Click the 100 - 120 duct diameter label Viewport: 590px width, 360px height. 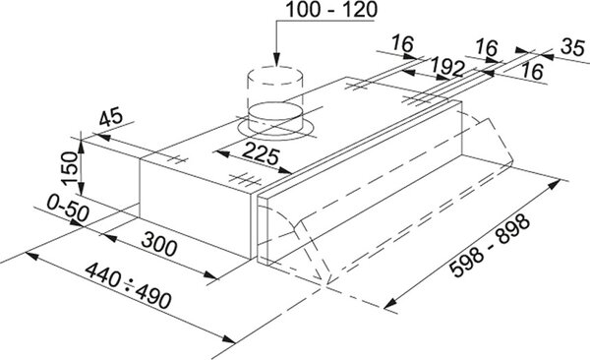(x=331, y=10)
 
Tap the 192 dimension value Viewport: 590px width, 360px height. (x=447, y=67)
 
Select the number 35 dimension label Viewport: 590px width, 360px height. (x=572, y=47)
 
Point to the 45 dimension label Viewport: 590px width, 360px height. (x=111, y=117)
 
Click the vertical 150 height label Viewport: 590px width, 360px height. (x=70, y=168)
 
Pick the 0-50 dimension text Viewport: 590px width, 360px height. (x=68, y=209)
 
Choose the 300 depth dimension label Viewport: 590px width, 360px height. (x=159, y=244)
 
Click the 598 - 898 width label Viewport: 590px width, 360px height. (x=490, y=246)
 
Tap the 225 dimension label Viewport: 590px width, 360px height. (x=262, y=153)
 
